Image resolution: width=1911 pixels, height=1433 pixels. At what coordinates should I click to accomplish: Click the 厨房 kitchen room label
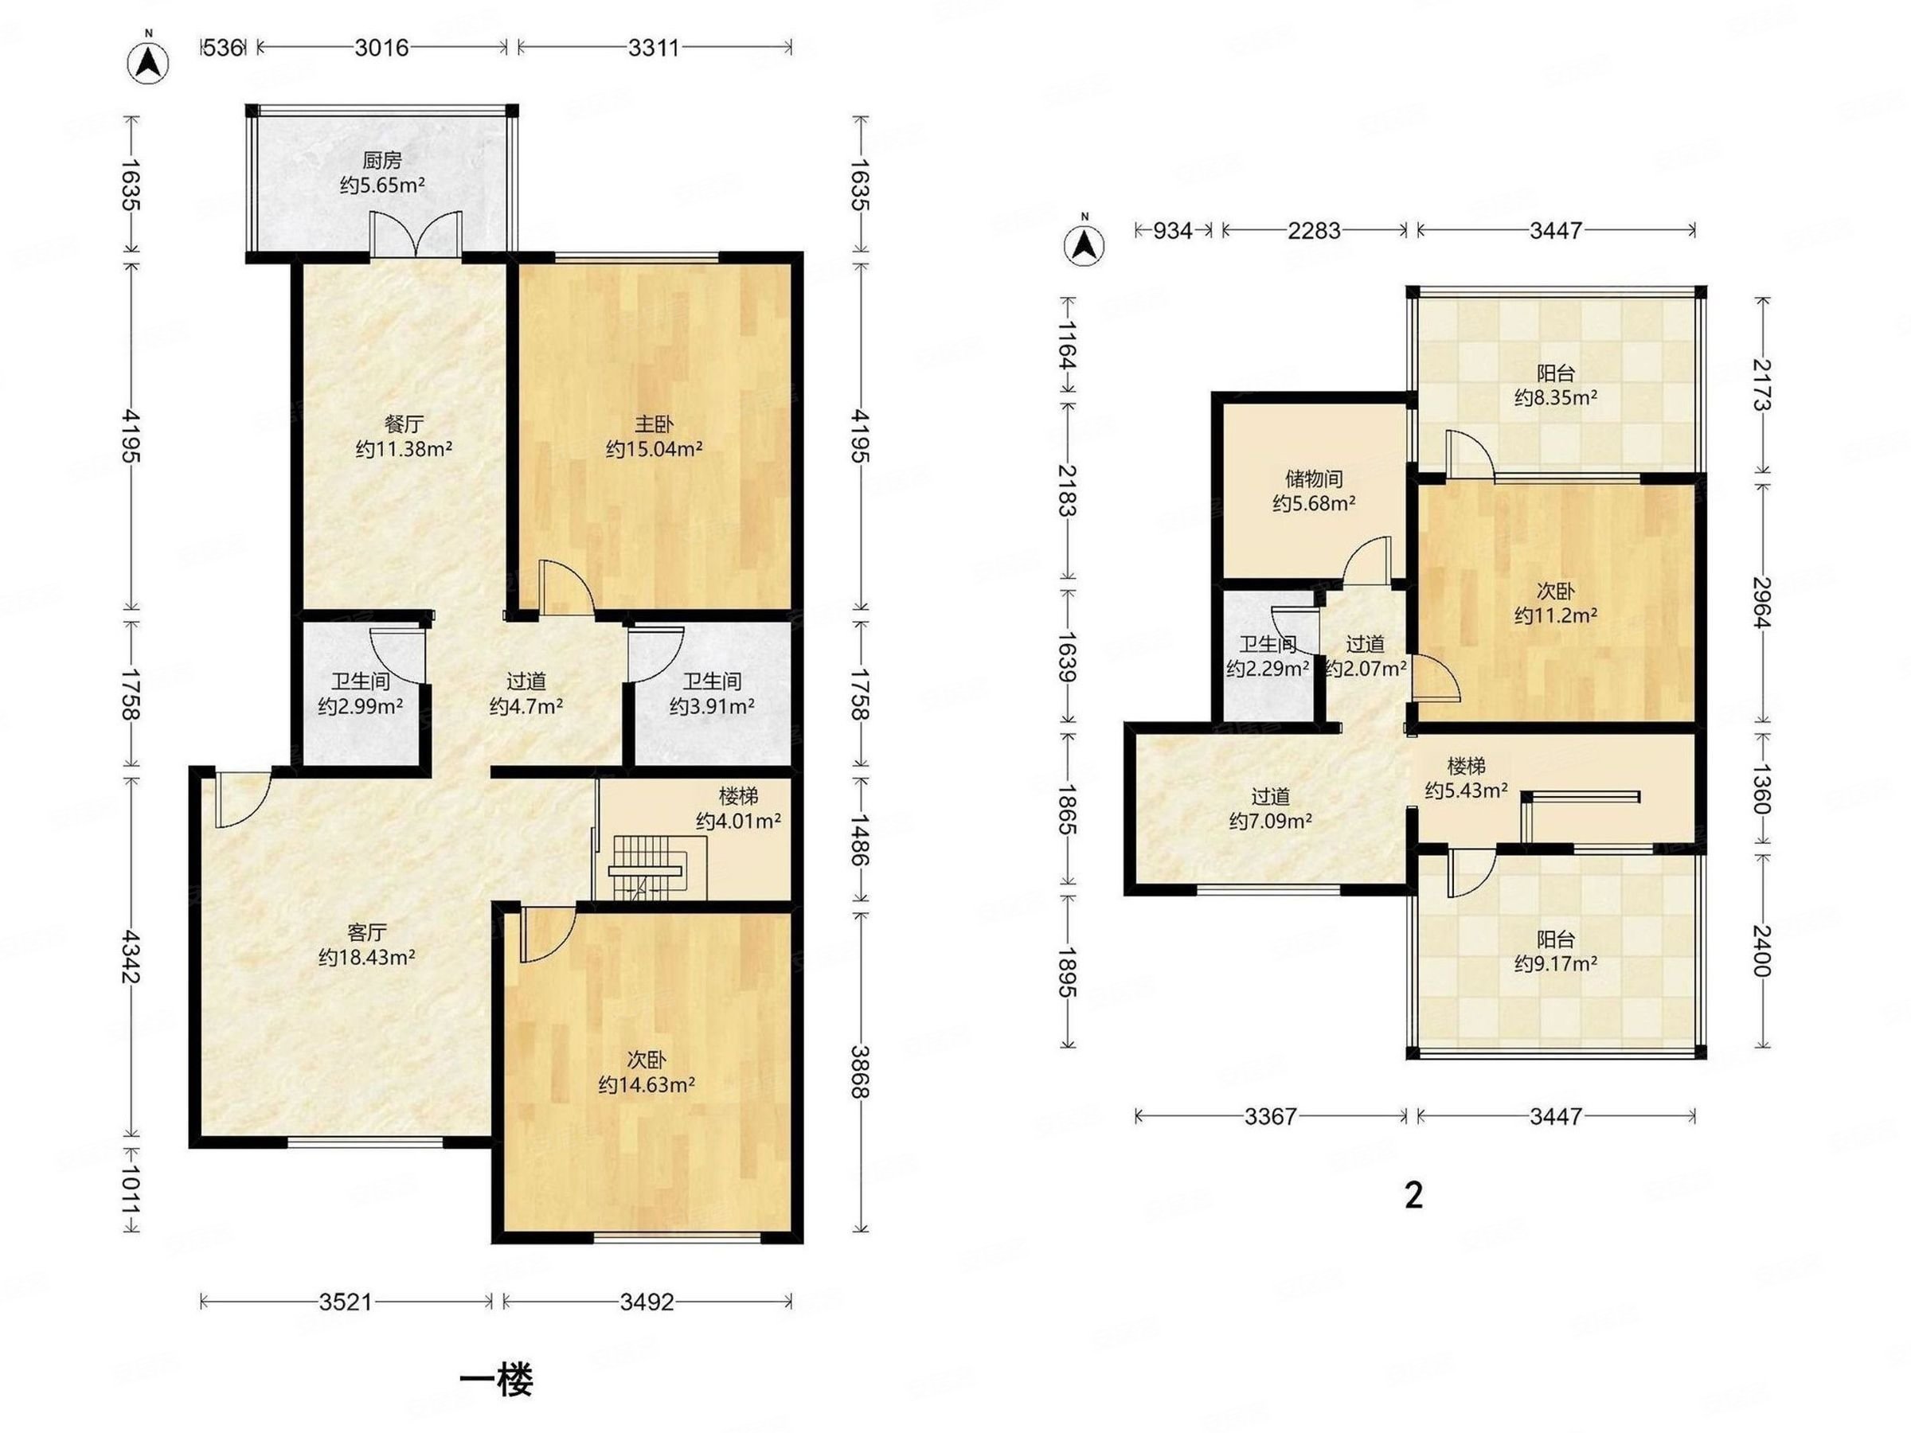pyautogui.click(x=382, y=160)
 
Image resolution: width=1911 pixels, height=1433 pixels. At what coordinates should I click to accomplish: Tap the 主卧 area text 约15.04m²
pyautogui.click(x=654, y=449)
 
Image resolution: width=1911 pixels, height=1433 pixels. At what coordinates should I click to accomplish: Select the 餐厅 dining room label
pyautogui.click(x=404, y=424)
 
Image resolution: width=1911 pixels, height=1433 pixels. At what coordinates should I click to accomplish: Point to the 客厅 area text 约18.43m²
pyautogui.click(x=367, y=957)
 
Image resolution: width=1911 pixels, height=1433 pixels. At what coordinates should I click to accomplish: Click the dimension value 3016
pyautogui.click(x=382, y=47)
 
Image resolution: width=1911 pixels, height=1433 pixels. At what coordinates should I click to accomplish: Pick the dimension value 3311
pyautogui.click(x=654, y=47)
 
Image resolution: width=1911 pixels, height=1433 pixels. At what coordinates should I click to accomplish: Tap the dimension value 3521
pyautogui.click(x=346, y=1302)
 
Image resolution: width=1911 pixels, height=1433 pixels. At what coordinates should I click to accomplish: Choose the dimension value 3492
pyautogui.click(x=647, y=1302)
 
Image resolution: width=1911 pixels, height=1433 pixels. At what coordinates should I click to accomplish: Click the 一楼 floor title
pyautogui.click(x=496, y=1380)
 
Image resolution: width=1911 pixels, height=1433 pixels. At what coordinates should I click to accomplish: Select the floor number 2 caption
pyautogui.click(x=1413, y=1196)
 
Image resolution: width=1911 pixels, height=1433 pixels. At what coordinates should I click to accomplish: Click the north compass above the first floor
pyautogui.click(x=148, y=61)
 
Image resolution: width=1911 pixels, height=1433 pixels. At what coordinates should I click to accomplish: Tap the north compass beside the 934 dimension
pyautogui.click(x=1085, y=244)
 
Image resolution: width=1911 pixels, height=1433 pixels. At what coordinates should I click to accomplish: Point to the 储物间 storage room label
pyautogui.click(x=1313, y=478)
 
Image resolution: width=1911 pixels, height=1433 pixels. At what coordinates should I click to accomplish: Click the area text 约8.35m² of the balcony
pyautogui.click(x=1555, y=397)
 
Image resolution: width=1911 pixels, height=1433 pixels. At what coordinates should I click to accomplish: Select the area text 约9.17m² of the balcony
pyautogui.click(x=1555, y=963)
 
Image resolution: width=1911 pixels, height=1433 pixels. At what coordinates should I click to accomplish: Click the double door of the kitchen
pyautogui.click(x=415, y=233)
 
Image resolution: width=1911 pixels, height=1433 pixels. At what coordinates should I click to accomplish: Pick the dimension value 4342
pyautogui.click(x=131, y=956)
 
